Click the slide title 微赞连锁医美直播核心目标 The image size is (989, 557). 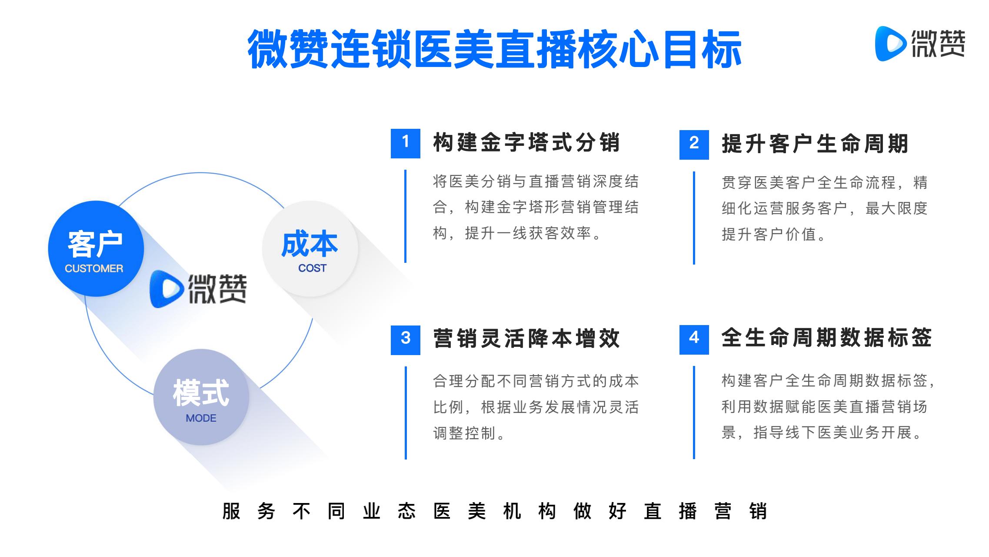(x=494, y=49)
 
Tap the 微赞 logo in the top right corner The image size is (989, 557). (x=919, y=44)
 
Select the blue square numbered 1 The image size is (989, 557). (x=405, y=143)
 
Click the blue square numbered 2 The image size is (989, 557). (x=694, y=144)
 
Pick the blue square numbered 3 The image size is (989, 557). (x=405, y=340)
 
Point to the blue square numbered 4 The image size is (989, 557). (x=694, y=339)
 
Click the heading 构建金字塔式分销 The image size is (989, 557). (x=526, y=143)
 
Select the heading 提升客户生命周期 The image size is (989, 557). (x=815, y=144)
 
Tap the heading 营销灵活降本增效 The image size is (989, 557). (x=526, y=339)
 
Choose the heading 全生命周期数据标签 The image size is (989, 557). (x=827, y=338)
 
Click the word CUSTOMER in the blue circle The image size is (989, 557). (x=94, y=268)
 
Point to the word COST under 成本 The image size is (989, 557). (x=312, y=268)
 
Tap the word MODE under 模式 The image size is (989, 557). (x=201, y=418)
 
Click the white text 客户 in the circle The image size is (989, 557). (x=95, y=244)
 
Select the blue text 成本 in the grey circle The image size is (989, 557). (x=310, y=244)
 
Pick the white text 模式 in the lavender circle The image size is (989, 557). (x=201, y=393)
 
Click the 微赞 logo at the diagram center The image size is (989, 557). (x=198, y=289)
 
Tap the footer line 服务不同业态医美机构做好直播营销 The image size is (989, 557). (x=495, y=511)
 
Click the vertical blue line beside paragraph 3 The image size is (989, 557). (x=406, y=413)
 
